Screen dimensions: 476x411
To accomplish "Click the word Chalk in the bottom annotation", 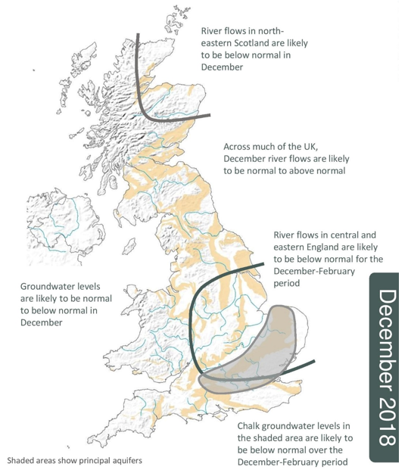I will tap(251, 426).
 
